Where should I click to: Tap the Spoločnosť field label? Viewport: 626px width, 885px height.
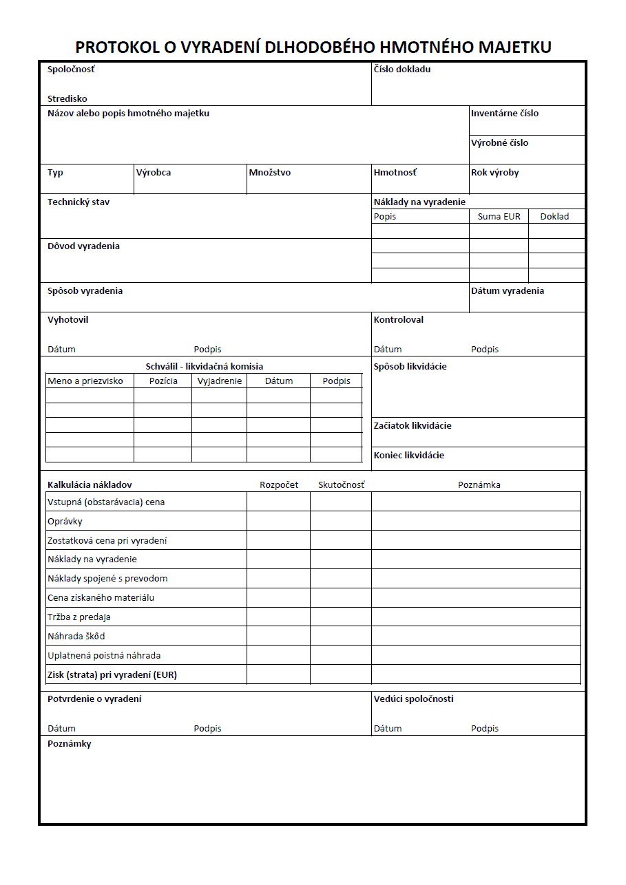pos(71,70)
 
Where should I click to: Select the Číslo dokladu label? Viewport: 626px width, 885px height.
pos(402,70)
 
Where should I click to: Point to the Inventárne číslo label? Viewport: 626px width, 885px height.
pos(505,114)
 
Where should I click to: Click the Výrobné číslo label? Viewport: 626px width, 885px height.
pos(500,143)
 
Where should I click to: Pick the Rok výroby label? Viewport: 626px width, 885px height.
pos(495,173)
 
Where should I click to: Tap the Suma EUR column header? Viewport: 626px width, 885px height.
pos(499,217)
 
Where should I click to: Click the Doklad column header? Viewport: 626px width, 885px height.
pos(554,217)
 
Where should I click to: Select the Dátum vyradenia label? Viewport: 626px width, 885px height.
pos(508,291)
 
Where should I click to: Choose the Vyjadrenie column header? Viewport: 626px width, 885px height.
pos(220,381)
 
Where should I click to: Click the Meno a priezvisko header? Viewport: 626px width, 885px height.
pos(85,381)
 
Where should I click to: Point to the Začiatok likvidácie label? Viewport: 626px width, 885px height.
pos(413,426)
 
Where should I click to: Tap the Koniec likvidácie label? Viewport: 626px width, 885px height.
pos(409,456)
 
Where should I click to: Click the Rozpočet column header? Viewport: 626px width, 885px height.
pos(279,485)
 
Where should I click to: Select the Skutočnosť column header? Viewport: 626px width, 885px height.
pos(342,485)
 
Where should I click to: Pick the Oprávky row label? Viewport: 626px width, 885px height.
pos(65,522)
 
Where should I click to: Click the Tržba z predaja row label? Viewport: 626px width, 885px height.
pos(79,617)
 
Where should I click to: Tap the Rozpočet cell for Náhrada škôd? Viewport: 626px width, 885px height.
pos(278,637)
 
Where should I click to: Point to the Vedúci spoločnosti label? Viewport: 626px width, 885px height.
pos(414,699)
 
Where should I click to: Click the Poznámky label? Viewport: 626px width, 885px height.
pos(70,744)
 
